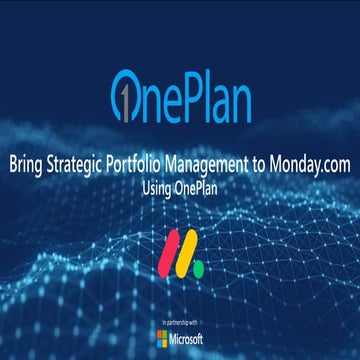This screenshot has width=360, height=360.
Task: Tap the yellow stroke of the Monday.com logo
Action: [182, 258]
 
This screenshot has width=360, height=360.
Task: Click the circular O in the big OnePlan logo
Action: [125, 93]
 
